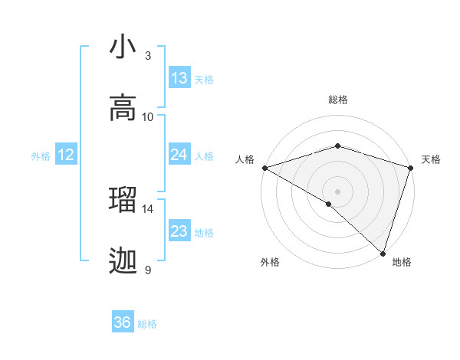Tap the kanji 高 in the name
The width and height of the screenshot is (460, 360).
[123, 108]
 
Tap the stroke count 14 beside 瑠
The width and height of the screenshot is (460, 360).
[148, 208]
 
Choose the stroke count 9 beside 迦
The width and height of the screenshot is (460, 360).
[147, 270]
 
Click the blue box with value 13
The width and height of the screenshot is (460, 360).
[179, 78]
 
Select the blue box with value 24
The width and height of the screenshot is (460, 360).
[179, 155]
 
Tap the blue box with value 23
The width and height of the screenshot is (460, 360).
[179, 231]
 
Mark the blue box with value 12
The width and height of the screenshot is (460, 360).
[66, 155]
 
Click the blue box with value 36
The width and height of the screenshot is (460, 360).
[123, 322]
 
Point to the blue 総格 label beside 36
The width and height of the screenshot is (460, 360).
[147, 324]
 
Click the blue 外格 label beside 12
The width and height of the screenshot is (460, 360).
[41, 156]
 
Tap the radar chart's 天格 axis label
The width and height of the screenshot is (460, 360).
[431, 159]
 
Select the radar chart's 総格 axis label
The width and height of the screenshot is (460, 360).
[338, 100]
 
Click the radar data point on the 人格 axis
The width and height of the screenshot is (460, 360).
[264, 168]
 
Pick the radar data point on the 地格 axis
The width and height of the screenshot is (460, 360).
[383, 253]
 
